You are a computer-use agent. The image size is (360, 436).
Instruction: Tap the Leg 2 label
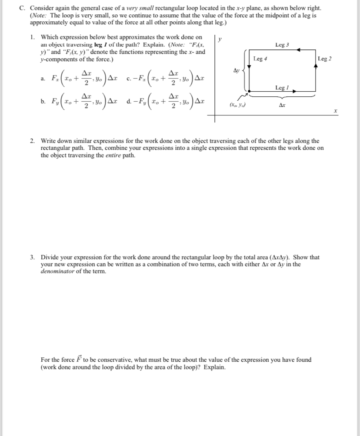(325, 59)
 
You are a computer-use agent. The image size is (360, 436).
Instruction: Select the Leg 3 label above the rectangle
(282, 45)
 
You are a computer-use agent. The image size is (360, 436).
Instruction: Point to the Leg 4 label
(260, 59)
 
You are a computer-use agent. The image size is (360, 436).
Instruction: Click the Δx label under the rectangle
(282, 105)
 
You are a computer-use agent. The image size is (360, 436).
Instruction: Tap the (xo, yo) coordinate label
(236, 105)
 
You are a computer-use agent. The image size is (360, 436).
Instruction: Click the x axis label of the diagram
(335, 112)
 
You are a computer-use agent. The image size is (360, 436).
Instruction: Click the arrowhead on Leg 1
(294, 92)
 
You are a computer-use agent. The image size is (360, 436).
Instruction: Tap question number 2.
(33, 141)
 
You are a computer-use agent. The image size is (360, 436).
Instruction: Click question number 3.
(33, 257)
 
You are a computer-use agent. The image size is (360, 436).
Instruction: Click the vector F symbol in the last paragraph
(80, 359)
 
